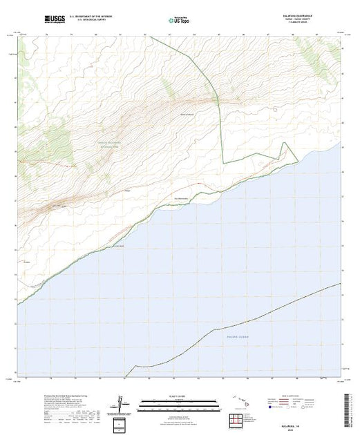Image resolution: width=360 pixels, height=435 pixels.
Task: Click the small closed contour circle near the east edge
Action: (x=276, y=108)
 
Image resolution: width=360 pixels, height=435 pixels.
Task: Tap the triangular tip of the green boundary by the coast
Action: (x=298, y=163)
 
